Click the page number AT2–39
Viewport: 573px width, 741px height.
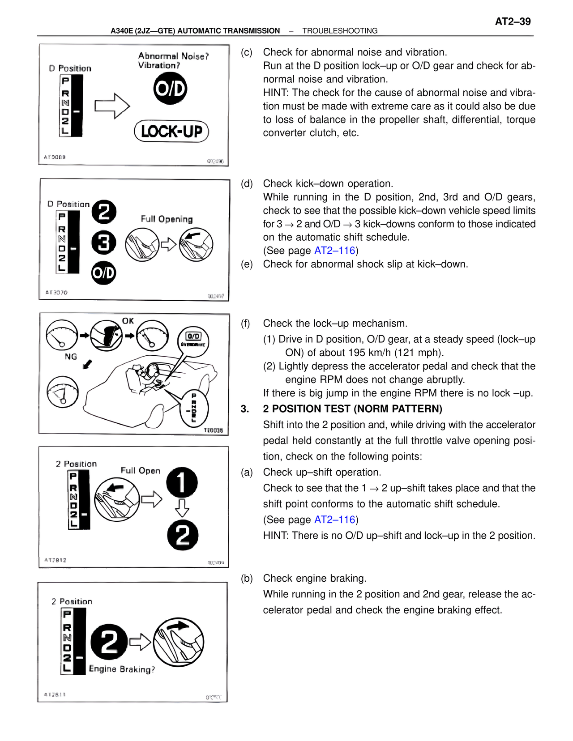pyautogui.click(x=513, y=21)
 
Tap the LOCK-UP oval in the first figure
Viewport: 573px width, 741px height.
pyautogui.click(x=171, y=132)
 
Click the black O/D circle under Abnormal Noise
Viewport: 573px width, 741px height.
pyautogui.click(x=170, y=89)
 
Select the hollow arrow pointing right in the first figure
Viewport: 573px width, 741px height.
pyautogui.click(x=112, y=106)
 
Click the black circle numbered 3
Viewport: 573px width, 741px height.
pyautogui.click(x=104, y=243)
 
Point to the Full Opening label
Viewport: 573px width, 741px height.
pyautogui.click(x=167, y=219)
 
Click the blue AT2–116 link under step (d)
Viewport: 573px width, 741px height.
pyautogui.click(x=334, y=251)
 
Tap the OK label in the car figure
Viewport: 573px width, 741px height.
pyautogui.click(x=128, y=321)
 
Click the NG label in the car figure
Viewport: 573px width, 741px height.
pyautogui.click(x=71, y=357)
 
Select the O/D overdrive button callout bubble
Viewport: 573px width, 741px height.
pyautogui.click(x=193, y=341)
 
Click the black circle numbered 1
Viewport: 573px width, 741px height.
pyautogui.click(x=182, y=482)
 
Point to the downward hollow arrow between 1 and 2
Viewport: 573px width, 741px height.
pyautogui.click(x=182, y=508)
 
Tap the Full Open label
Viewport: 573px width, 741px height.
pyautogui.click(x=140, y=470)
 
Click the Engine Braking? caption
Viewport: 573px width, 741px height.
pyautogui.click(x=122, y=669)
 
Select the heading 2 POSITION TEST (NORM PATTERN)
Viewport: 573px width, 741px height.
pyautogui.click(x=352, y=409)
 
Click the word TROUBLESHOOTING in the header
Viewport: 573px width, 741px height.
pyautogui.click(x=340, y=31)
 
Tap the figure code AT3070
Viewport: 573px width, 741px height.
pyautogui.click(x=56, y=292)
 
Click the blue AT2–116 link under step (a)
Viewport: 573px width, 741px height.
pyautogui.click(x=334, y=520)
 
